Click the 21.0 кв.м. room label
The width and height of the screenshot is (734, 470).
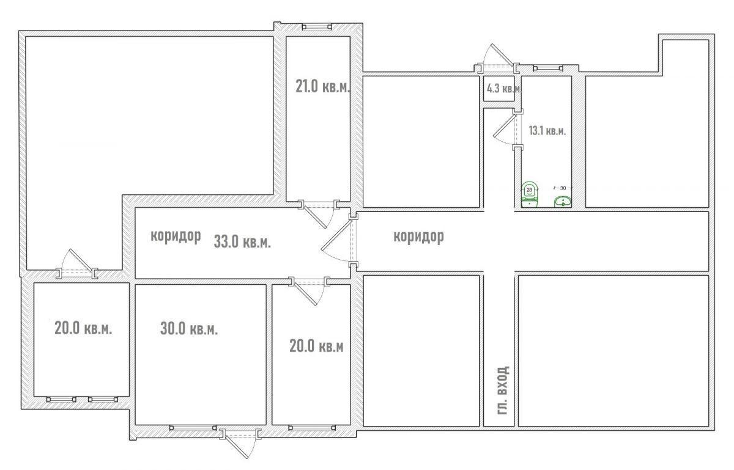[323, 86]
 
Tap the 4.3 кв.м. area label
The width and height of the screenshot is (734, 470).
[503, 89]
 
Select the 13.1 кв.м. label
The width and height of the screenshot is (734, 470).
[547, 131]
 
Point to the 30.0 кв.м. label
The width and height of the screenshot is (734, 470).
[189, 328]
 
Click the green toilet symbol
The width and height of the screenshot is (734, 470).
[530, 194]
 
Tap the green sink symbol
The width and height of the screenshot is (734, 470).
[563, 202]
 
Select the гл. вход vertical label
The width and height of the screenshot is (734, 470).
[503, 390]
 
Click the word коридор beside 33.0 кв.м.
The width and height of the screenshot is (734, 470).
[176, 236]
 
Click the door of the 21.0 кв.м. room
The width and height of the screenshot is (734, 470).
[319, 213]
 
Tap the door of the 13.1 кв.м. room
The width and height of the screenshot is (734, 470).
[508, 130]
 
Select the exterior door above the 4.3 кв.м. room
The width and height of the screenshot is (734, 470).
[497, 58]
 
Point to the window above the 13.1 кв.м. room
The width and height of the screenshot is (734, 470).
[548, 68]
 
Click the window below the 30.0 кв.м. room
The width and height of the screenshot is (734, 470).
[193, 428]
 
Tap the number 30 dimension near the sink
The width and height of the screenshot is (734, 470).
[563, 188]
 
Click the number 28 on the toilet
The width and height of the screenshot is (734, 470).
[529, 189]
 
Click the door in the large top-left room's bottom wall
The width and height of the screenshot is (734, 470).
[77, 264]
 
